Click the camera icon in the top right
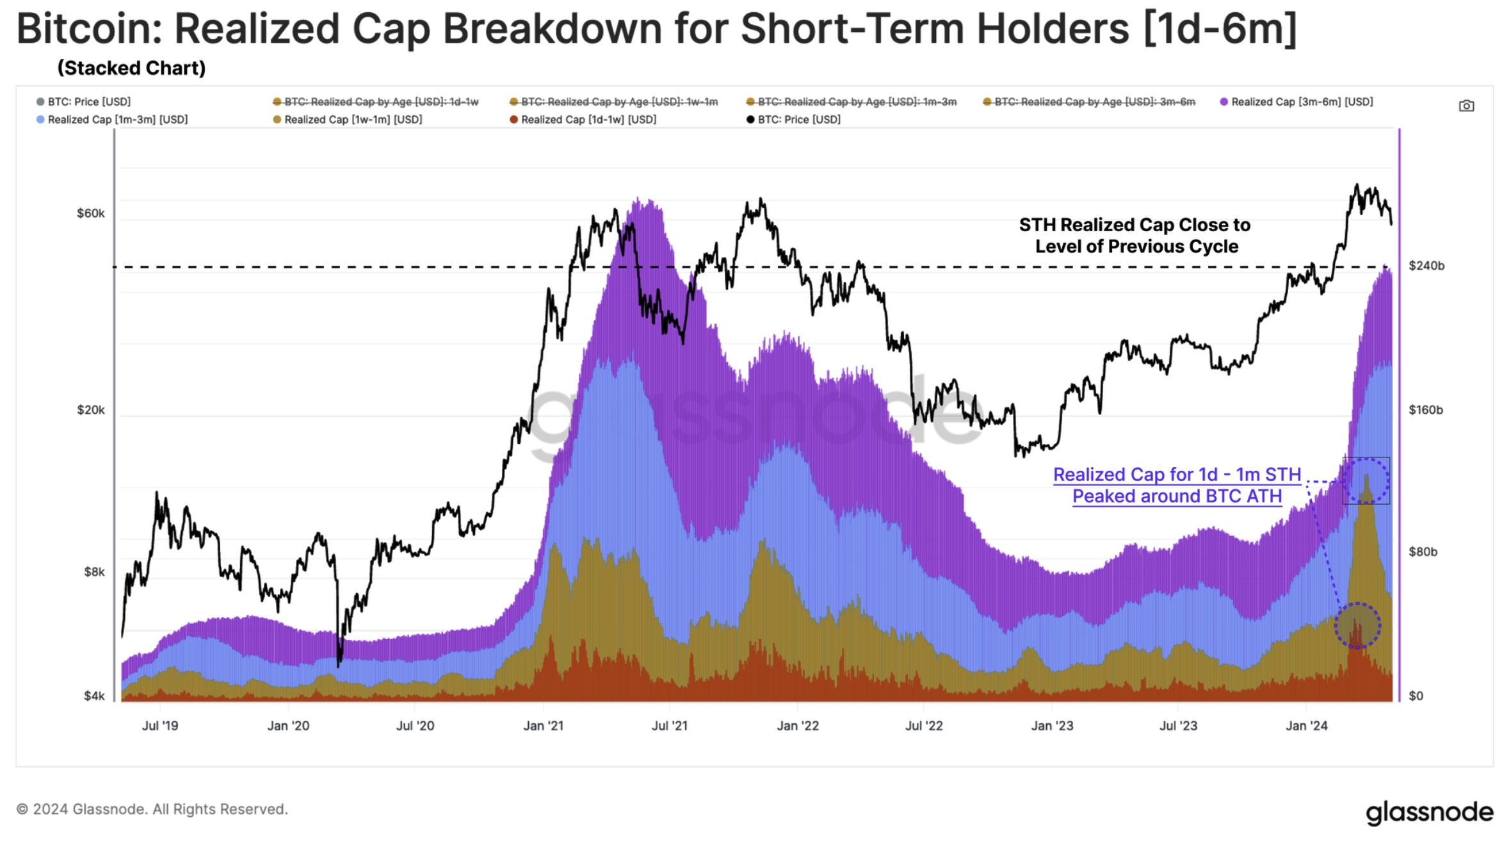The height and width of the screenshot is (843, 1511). [1466, 106]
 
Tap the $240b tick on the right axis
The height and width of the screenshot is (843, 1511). [1426, 266]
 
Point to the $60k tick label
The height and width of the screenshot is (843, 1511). [90, 213]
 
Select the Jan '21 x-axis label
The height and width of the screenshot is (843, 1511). [543, 726]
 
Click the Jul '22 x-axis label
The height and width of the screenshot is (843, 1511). [924, 726]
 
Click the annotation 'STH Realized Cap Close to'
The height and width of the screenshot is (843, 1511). [1135, 225]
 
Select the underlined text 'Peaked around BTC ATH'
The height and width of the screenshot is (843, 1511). [1177, 496]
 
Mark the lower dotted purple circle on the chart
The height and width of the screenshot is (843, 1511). [1357, 625]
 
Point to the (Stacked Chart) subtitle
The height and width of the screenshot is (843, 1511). [131, 68]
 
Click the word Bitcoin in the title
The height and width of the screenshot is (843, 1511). [89, 29]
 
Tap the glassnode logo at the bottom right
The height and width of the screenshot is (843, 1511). [1429, 812]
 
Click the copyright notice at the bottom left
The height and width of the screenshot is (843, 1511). [152, 809]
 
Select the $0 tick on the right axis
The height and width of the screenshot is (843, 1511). [1416, 696]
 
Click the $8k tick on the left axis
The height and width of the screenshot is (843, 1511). [94, 571]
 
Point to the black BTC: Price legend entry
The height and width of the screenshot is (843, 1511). [798, 120]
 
